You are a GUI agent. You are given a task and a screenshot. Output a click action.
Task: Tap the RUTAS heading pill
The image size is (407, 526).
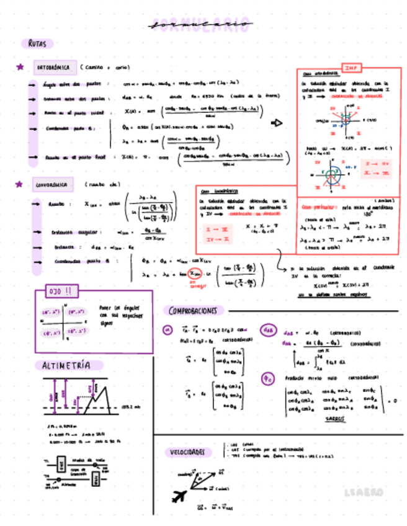37,44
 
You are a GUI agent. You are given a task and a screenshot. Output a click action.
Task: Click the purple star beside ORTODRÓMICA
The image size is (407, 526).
20,67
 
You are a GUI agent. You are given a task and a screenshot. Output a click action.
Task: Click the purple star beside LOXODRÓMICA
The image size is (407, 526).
20,184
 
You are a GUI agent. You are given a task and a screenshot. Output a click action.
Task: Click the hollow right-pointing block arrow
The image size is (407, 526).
277,123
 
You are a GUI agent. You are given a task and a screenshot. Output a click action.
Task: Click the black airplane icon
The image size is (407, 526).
181,496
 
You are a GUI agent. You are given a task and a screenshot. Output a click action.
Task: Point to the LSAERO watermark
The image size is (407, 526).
364,492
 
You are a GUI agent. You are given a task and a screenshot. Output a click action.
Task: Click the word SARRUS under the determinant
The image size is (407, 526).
335,419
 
